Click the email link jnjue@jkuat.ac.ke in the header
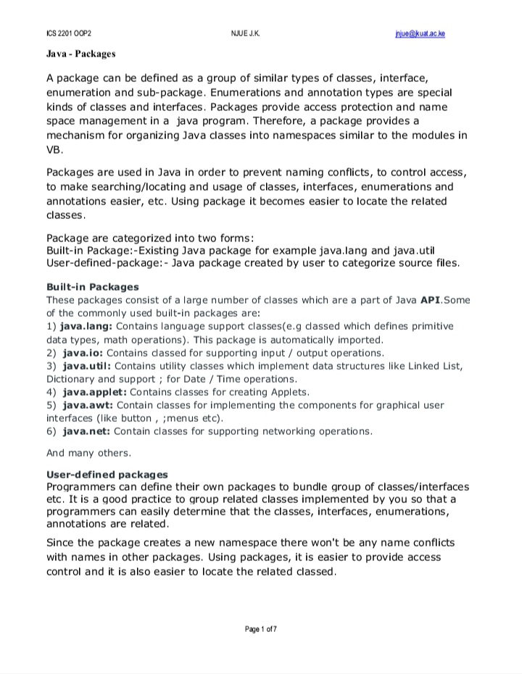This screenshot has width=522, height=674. [x=420, y=33]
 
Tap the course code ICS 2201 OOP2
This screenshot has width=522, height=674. [x=69, y=33]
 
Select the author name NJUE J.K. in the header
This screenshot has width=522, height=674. [x=244, y=33]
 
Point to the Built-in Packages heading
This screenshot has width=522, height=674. [x=92, y=287]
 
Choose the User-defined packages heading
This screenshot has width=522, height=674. [x=107, y=474]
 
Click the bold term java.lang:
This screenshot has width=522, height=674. [x=88, y=326]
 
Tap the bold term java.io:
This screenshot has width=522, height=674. [x=83, y=353]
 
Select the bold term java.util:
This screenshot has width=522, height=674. [x=86, y=366]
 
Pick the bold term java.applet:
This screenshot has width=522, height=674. [x=94, y=392]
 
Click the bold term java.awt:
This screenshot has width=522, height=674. [x=88, y=405]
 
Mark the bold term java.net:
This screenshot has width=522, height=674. [x=87, y=431]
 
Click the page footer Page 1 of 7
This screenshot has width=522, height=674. [x=260, y=628]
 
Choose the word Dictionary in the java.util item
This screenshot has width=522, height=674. [x=72, y=379]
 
